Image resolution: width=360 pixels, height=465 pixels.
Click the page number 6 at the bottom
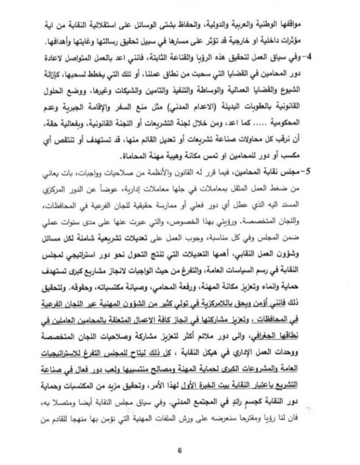pyautogui.click(x=180, y=450)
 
